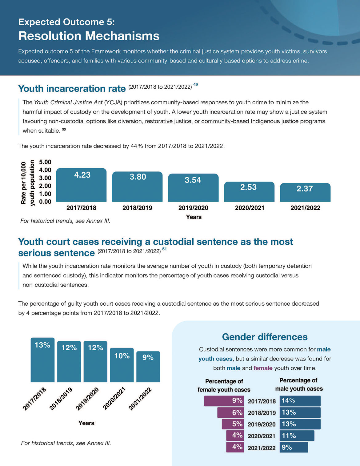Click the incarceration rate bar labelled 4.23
81,185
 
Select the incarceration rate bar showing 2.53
249,192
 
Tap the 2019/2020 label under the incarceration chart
193,208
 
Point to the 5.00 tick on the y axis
45,162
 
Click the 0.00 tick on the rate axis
45,202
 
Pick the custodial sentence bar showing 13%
42,360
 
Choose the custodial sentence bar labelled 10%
122,365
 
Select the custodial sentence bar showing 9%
148,367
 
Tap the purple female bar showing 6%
230,413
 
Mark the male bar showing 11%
297,436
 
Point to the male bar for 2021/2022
294,447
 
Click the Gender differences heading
265,337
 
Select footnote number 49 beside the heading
195,85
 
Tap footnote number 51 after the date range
164,249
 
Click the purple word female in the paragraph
263,368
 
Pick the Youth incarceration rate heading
72,89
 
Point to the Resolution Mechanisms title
89,36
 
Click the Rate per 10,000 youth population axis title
28,183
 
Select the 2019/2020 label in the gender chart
262,424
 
